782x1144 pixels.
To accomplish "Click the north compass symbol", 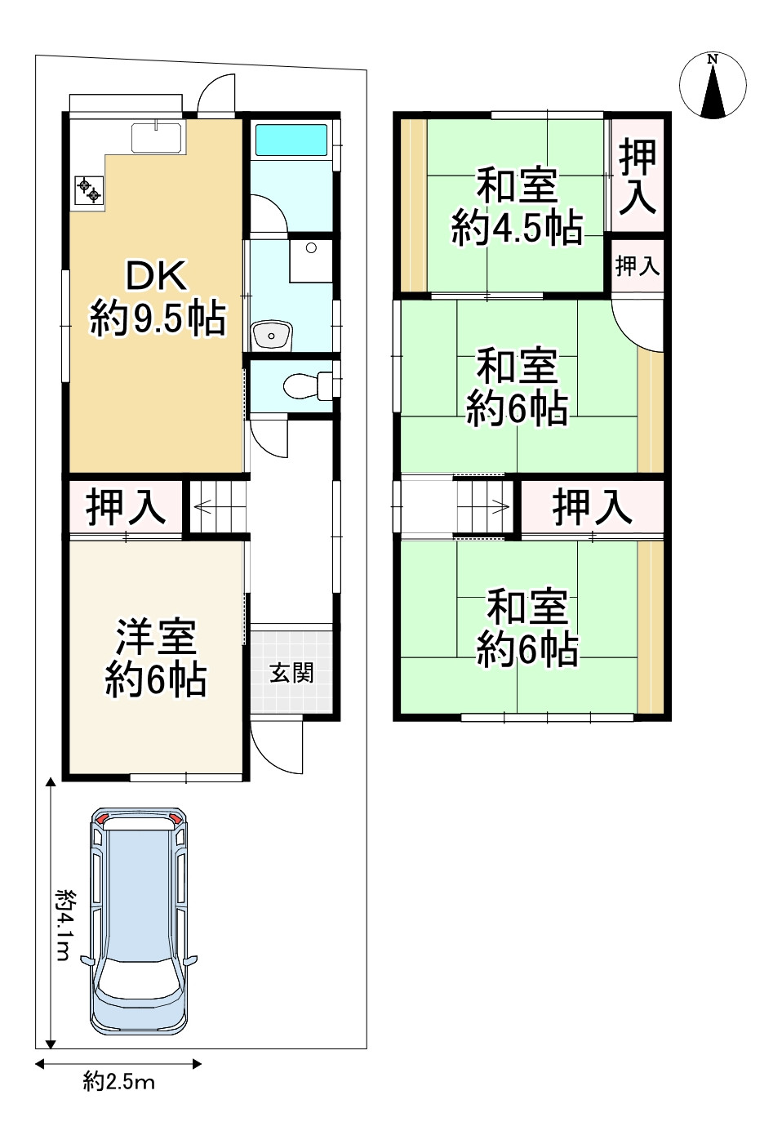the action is tap(713, 85).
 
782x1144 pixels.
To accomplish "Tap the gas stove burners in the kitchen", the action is tap(89, 189).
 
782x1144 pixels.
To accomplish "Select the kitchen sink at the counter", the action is tap(157, 138).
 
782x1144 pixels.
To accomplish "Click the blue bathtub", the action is tap(291, 140).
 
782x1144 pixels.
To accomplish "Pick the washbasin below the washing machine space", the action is tap(271, 335).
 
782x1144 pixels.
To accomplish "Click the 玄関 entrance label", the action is tap(291, 673).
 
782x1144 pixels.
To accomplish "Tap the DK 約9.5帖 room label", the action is tap(158, 298).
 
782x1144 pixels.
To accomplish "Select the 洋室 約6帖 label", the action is tap(156, 658).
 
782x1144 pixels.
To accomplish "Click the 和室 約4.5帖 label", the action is tap(517, 207).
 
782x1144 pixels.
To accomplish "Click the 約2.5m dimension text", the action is tap(119, 1080).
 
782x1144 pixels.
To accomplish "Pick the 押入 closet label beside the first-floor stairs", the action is tap(126, 506).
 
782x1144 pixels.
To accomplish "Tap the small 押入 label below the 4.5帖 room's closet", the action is tap(638, 265).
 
